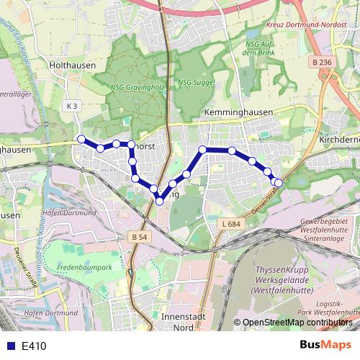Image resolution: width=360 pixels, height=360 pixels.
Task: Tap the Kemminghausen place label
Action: click(x=235, y=114)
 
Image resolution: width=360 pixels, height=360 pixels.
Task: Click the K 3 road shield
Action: click(x=71, y=106)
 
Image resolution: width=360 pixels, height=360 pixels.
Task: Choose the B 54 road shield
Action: click(x=139, y=236)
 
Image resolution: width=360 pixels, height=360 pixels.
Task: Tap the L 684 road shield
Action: click(x=230, y=225)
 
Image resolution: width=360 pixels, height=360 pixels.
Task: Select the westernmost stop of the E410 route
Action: click(x=81, y=139)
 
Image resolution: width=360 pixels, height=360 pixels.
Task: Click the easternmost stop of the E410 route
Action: click(x=279, y=183)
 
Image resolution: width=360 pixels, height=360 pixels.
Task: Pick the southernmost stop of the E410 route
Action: click(x=159, y=201)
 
